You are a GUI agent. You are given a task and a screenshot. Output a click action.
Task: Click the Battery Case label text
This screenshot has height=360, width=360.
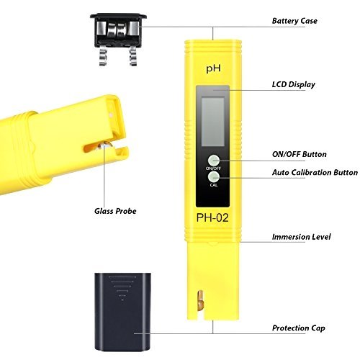pos(294,21)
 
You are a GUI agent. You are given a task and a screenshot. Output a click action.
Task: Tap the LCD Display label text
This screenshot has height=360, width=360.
pos(294,84)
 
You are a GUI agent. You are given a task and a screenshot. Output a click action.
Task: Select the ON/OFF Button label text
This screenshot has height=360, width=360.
pos(300,154)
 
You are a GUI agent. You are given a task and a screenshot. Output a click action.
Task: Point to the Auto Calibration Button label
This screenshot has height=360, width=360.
pos(315,172)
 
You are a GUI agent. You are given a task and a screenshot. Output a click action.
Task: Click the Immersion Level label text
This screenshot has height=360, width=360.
pos(301,237)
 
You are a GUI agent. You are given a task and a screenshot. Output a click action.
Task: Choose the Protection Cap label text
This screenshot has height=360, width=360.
pos(299,328)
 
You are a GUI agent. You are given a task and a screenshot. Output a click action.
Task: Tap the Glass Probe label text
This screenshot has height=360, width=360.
pos(115,211)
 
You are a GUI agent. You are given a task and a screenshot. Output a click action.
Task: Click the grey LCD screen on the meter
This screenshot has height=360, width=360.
pos(213,121)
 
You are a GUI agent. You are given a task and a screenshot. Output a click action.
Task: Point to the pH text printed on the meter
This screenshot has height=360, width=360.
pos(213,69)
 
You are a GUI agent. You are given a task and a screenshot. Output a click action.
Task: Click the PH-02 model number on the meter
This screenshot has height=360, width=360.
pos(212,218)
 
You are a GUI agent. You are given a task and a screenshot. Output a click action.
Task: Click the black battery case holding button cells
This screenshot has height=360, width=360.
pos(118,31)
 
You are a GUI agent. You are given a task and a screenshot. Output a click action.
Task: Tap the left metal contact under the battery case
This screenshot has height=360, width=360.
pos(104,56)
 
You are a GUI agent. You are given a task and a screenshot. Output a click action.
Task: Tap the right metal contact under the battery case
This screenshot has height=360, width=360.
pos(133,56)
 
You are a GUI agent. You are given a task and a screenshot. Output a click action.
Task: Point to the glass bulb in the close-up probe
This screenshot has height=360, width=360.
pos(105,146)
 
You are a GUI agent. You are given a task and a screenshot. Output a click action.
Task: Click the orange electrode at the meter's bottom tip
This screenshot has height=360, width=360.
pos(200,301)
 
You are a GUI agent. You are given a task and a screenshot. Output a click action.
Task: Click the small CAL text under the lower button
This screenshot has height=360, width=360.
pos(214,185)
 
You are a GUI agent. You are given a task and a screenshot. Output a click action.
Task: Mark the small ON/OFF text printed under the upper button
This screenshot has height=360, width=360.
pos(213,168)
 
